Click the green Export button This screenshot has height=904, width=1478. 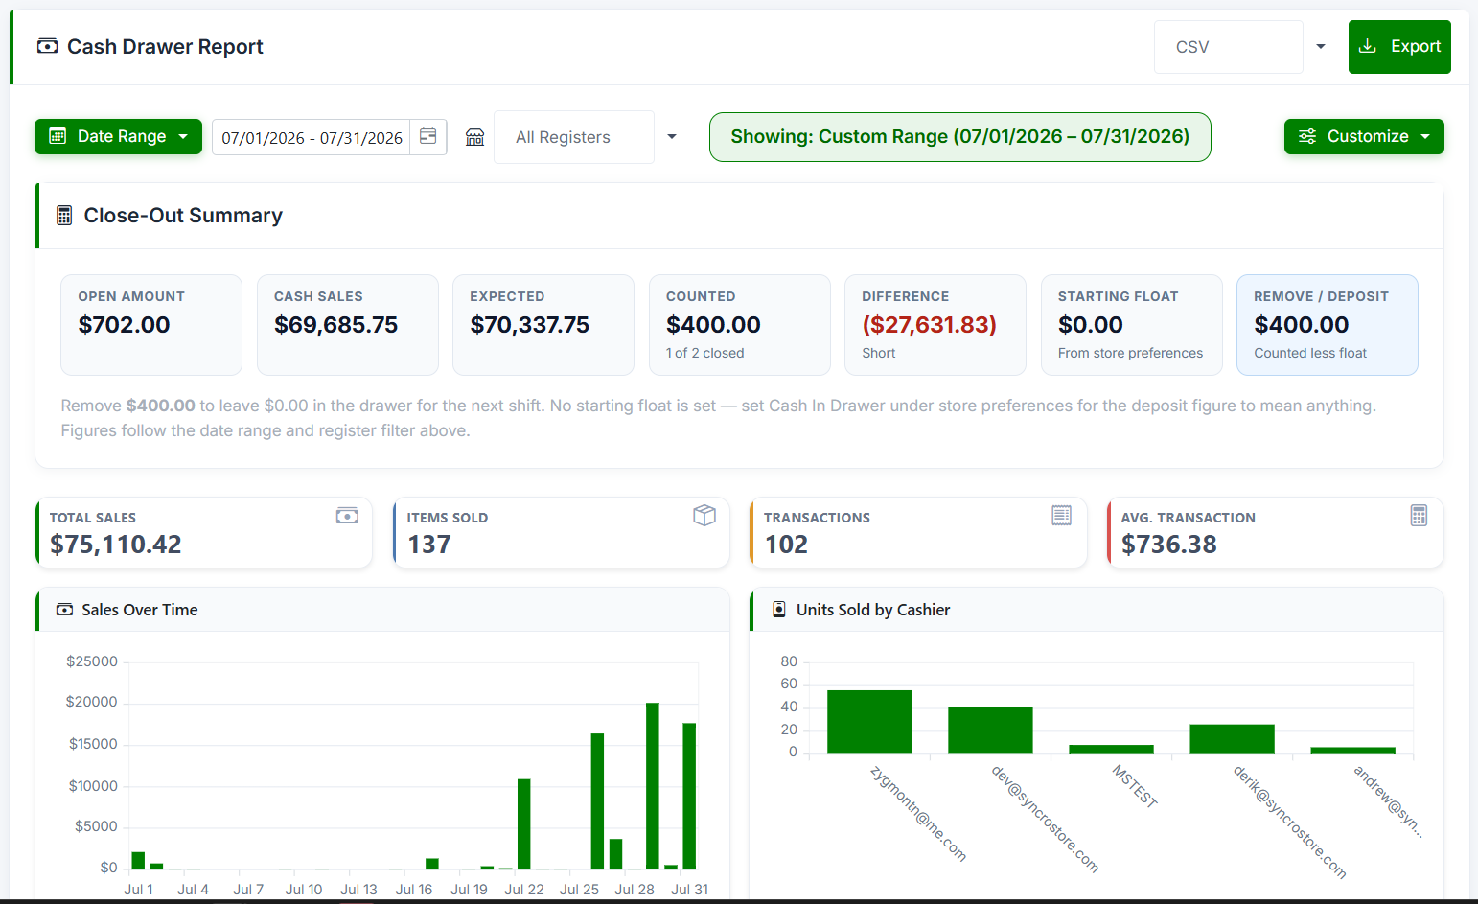pos(1398,47)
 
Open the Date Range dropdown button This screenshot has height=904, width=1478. pos(118,136)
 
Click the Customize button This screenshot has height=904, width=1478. pos(1364,136)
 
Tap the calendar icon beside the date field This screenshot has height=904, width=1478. pos(428,136)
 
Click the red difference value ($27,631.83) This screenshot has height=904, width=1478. pos(929,325)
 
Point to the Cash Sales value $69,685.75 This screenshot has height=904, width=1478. pos(335,325)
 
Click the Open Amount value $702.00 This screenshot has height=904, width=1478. pos(124,325)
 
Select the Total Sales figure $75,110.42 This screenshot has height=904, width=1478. pos(115,545)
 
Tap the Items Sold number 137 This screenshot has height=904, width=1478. pos(428,545)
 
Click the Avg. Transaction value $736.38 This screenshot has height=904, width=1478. pos(1169,545)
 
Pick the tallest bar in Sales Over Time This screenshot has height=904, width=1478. pos(653,786)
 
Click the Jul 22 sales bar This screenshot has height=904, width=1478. pos(524,824)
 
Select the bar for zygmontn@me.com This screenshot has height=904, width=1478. pos(869,722)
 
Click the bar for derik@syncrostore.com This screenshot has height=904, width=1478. pos(1232,739)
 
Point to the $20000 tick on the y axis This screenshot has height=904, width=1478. pos(91,702)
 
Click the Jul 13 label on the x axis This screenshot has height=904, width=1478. pos(358,890)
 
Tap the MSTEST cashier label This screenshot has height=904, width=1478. pos(1135,786)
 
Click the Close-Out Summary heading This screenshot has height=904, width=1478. pos(183,216)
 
